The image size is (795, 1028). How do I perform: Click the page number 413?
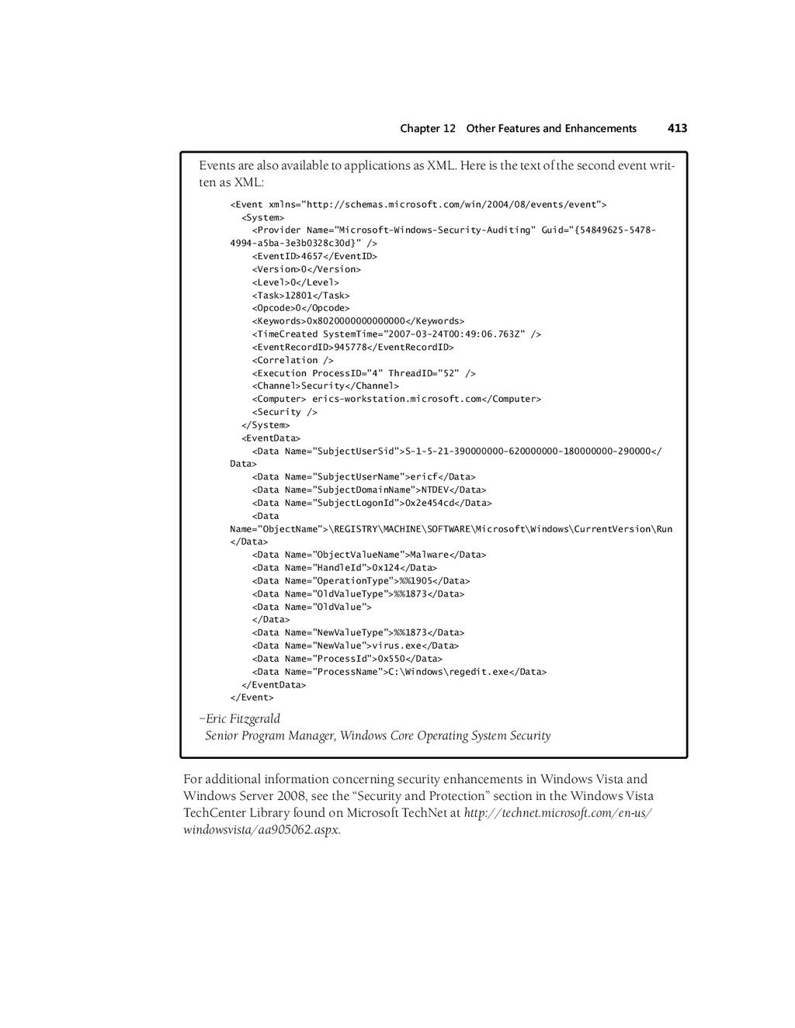click(x=677, y=129)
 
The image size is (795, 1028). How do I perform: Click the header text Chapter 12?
click(x=428, y=129)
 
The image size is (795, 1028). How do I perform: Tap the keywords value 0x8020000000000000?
click(x=356, y=321)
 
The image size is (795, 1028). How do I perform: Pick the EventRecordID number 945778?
click(x=350, y=348)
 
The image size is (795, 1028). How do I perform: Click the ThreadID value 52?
click(x=450, y=373)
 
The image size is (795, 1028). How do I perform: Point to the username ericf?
click(x=423, y=477)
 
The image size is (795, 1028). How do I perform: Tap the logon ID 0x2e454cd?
click(x=431, y=504)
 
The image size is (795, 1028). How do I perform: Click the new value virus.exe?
click(x=396, y=646)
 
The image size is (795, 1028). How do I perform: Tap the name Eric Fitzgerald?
click(x=243, y=719)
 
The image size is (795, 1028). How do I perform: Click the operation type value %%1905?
click(x=415, y=581)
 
